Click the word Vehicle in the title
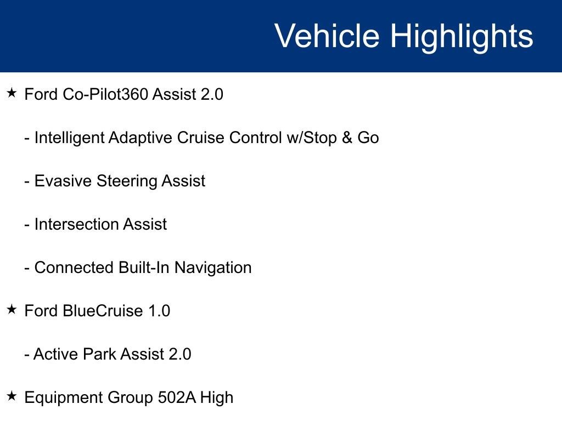(327, 36)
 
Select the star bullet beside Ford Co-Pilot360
(12, 93)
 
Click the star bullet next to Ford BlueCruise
(12, 309)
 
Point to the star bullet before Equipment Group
(12, 396)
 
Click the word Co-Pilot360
(105, 94)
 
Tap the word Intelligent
(69, 138)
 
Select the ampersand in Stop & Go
(347, 138)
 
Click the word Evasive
(63, 181)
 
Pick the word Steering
(127, 181)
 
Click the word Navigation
(213, 268)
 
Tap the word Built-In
(143, 268)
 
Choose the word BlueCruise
(103, 311)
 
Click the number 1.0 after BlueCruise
(159, 311)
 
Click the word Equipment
(64, 398)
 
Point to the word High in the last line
(217, 398)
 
